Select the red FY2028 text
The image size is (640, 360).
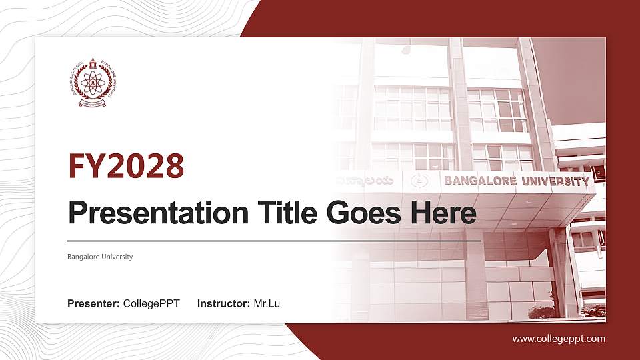[x=126, y=166]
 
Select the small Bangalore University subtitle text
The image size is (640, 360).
[x=100, y=257]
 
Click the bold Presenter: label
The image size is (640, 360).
[x=93, y=304]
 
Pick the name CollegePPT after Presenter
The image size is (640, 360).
[x=151, y=304]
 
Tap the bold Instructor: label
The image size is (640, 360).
[x=224, y=304]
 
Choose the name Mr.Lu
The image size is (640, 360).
[x=267, y=304]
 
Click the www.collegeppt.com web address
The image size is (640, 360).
[x=559, y=339]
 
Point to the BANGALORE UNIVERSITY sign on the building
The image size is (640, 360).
[x=516, y=181]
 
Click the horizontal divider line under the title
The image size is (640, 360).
[x=274, y=240]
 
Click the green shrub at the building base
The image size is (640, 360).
[x=541, y=312]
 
